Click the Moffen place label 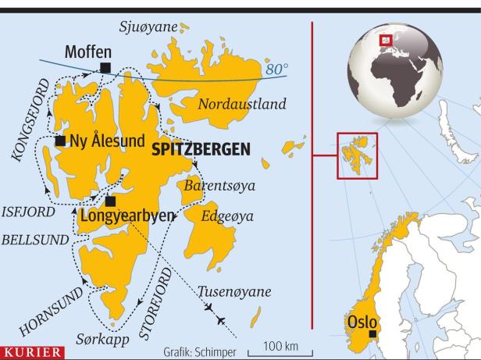coord(88,52)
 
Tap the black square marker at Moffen coord(105,67)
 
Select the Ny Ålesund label coord(108,141)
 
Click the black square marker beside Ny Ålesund coord(60,141)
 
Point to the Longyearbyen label coord(128,216)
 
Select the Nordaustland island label coord(242,105)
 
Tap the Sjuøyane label coord(148,27)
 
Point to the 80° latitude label coord(276,70)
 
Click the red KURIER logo coord(32,353)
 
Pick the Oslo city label coord(362,322)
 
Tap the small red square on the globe coord(384,40)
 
